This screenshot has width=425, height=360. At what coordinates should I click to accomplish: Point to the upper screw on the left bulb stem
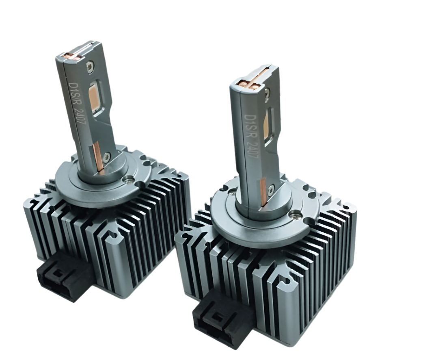click(90, 65)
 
